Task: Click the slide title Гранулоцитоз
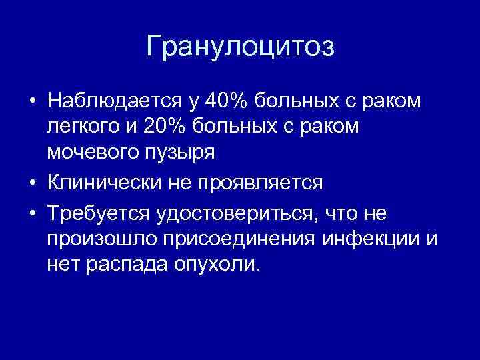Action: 240,47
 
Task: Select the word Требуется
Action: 98,213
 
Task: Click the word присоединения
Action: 229,239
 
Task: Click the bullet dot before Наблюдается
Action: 32,102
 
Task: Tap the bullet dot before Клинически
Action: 32,183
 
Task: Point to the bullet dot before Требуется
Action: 32,213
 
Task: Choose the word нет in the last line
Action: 63,264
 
